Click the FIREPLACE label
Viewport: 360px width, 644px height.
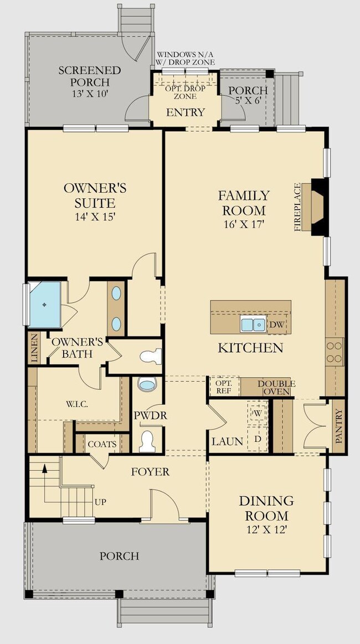coord(298,208)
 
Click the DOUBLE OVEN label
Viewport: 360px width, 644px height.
coord(276,387)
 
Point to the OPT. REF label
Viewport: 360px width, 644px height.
coord(224,387)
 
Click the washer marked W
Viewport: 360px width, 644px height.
coord(258,413)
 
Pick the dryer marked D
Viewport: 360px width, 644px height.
coord(258,439)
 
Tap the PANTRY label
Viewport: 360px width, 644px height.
coord(338,426)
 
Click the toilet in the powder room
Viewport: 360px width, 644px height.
coord(147,441)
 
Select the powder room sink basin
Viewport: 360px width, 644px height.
coord(147,384)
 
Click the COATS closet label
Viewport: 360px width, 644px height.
coord(102,444)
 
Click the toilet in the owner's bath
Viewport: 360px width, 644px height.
coord(151,356)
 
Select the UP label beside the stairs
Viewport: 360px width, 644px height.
coord(101,502)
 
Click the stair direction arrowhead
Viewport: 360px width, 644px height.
coord(45,466)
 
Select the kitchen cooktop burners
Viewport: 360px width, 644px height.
coord(334,352)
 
